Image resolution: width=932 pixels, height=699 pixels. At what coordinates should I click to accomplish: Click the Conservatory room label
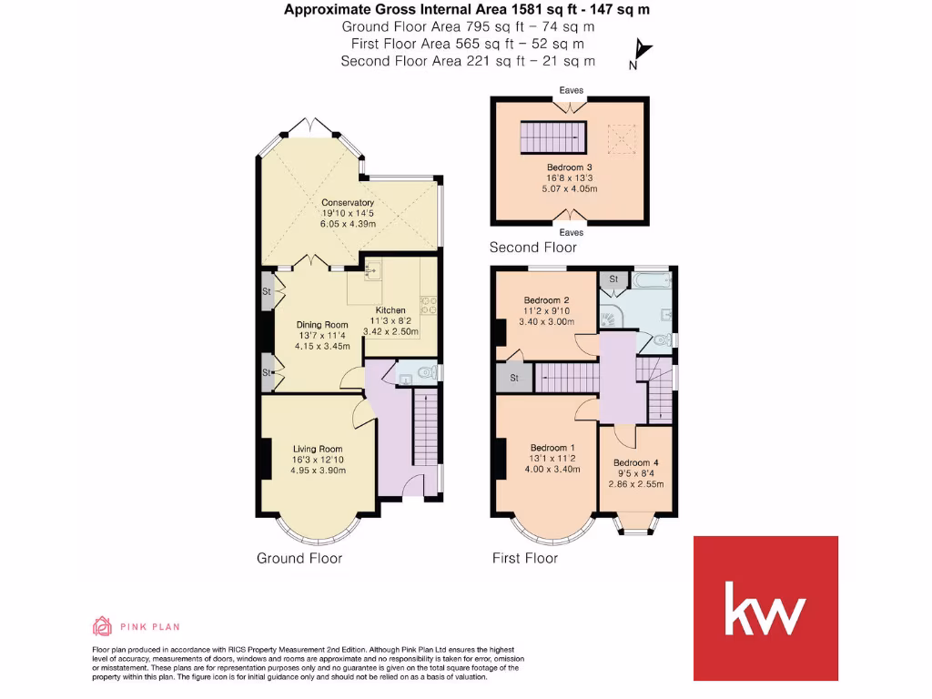point(348,202)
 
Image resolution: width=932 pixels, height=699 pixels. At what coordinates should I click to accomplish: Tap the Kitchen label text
point(390,310)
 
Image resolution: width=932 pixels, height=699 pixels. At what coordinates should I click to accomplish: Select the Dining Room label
point(323,325)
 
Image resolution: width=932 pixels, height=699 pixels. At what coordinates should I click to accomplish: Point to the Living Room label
point(317,449)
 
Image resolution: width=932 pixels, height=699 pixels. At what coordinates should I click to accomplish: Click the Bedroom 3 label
point(570,167)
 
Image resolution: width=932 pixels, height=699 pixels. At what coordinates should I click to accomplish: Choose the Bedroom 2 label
point(546,300)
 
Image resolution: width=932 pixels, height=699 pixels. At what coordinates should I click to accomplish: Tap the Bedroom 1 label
point(553,448)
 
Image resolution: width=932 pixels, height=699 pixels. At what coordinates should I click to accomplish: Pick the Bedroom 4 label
point(636,462)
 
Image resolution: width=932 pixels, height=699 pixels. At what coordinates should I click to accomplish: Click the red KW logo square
point(765,608)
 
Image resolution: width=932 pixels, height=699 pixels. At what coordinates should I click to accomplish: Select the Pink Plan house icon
point(102,625)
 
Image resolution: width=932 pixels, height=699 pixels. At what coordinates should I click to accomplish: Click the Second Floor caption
point(532,248)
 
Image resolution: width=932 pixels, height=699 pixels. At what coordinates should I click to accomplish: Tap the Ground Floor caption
point(299,558)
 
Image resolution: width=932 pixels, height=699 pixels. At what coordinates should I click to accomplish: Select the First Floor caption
point(525,558)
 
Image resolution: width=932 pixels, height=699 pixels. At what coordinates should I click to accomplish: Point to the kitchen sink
point(373,269)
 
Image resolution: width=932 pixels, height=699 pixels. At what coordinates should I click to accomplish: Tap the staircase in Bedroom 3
point(552,138)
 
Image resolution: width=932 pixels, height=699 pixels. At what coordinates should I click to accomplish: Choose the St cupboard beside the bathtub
point(613,279)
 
